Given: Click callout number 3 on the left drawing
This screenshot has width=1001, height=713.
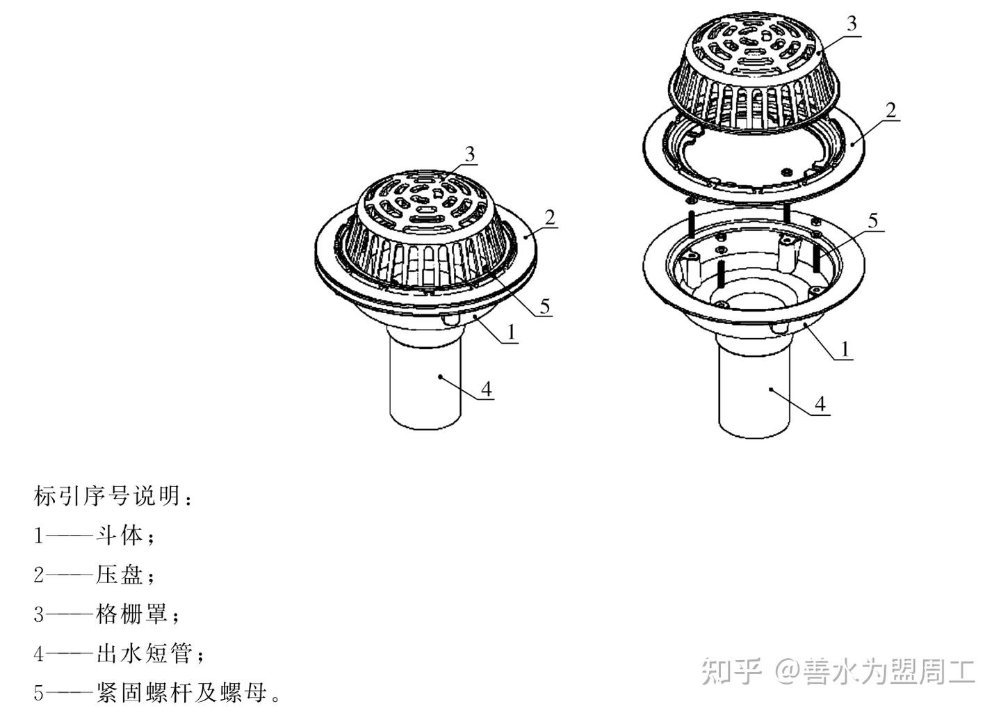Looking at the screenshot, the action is (471, 154).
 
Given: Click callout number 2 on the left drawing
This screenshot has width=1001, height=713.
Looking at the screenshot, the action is (550, 218).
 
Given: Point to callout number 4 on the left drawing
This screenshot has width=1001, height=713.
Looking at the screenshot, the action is (486, 388).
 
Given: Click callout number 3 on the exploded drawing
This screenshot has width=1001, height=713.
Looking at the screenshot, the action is (852, 23).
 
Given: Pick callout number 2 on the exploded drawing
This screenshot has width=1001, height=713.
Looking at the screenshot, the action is (891, 110).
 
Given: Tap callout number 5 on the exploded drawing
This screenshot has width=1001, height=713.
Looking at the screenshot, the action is (873, 221).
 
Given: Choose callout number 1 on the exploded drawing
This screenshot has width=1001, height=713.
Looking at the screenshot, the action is (845, 349).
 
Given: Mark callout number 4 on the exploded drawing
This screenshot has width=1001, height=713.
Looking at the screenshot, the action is (821, 403).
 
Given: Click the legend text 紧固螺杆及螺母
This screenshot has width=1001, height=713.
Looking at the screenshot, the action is (181, 694).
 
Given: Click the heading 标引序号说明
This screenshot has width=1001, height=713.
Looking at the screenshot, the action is (108, 496).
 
